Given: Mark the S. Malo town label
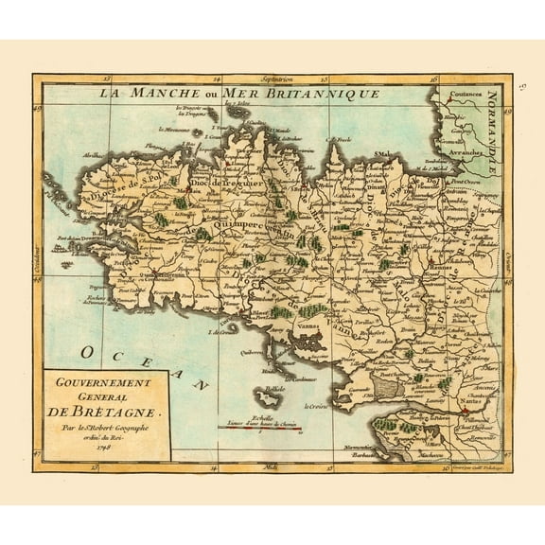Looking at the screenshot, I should [x=382, y=153].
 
